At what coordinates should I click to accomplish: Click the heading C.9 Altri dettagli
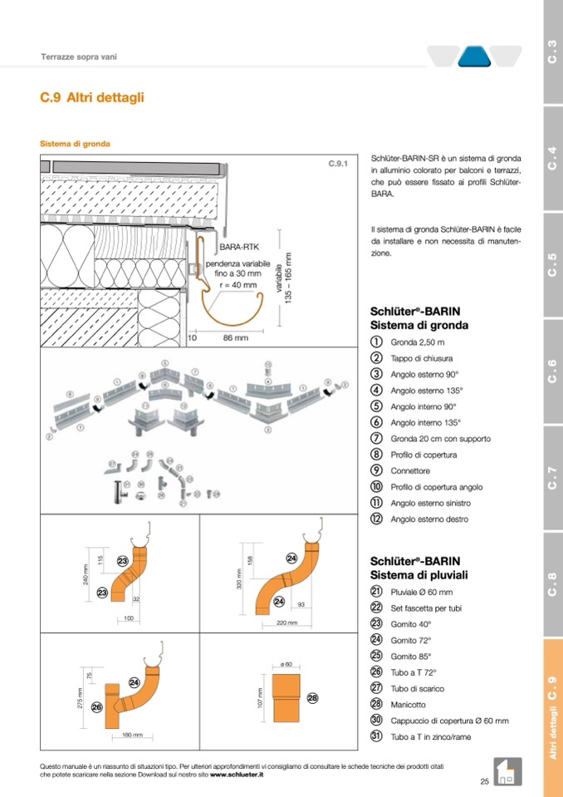[92, 98]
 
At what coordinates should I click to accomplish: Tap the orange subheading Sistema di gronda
[75, 144]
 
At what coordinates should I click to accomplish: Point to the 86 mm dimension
[236, 338]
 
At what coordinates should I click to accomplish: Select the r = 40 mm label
[237, 285]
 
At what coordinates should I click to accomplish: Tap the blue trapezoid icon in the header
[474, 57]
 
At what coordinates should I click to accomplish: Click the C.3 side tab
[552, 52]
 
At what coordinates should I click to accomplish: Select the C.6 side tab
[552, 371]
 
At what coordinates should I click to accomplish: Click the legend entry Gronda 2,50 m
[418, 342]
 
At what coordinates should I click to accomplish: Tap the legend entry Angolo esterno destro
[429, 519]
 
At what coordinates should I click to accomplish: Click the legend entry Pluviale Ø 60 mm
[421, 592]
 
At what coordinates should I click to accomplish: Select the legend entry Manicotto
[409, 704]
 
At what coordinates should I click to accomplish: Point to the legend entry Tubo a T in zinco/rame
[430, 736]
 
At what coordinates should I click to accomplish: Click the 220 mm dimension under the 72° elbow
[286, 622]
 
